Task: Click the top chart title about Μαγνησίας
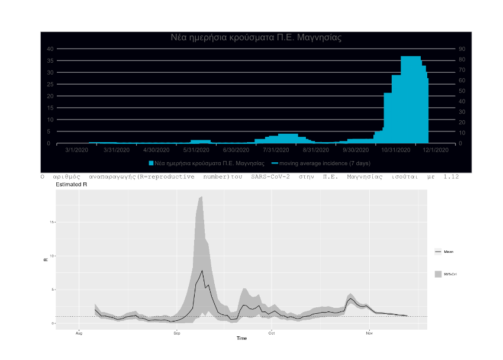pyautogui.click(x=256, y=37)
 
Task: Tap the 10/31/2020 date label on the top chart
pyautogui.click(x=396, y=150)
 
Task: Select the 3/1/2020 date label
pyautogui.click(x=76, y=150)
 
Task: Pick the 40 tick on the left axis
pyautogui.click(x=50, y=49)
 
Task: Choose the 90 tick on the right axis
pyautogui.click(x=462, y=49)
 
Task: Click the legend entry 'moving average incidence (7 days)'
pyautogui.click(x=321, y=163)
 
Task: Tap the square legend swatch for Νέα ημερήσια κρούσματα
pyautogui.click(x=151, y=163)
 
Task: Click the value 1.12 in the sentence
pyautogui.click(x=452, y=176)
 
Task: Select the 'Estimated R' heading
pyautogui.click(x=72, y=185)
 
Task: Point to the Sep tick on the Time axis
pyautogui.click(x=176, y=333)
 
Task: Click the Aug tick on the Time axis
pyautogui.click(x=79, y=333)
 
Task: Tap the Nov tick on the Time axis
pyautogui.click(x=369, y=333)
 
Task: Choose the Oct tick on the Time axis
pyautogui.click(x=272, y=333)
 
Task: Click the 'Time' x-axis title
pyautogui.click(x=241, y=339)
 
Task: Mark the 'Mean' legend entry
pyautogui.click(x=448, y=252)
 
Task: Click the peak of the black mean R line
pyautogui.click(x=202, y=271)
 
